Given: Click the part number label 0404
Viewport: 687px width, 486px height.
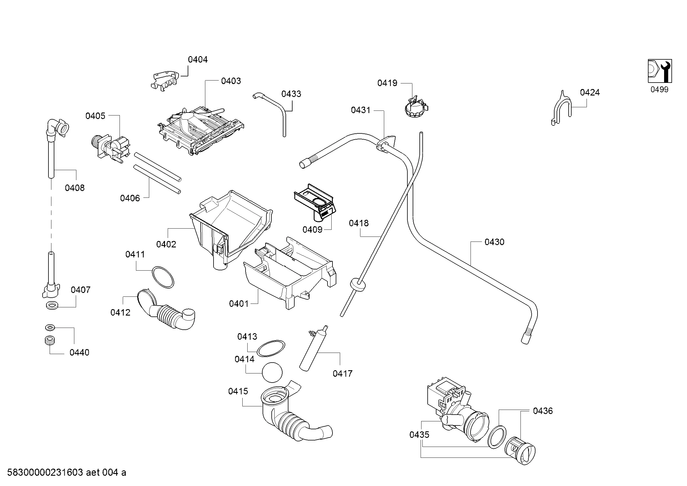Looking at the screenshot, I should pos(197,60).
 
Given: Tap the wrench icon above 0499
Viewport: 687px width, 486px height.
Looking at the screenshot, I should pos(660,71).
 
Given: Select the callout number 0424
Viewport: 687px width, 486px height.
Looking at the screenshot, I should pos(590,93).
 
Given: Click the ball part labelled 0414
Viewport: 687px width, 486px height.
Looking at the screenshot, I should pos(272,372).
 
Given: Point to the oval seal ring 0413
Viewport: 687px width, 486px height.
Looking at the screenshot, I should pos(271,349).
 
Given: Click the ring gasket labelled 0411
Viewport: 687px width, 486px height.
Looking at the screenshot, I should pos(163,277).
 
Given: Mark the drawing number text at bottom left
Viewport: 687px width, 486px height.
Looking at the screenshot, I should pos(66,472).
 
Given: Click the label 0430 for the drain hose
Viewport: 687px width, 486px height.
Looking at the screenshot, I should pos(494,242).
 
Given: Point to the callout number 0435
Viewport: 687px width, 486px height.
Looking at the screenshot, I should pos(419,435).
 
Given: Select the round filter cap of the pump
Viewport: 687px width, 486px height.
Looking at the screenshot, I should pos(520,451).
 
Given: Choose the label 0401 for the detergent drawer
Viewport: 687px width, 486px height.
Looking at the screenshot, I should pos(239,304).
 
